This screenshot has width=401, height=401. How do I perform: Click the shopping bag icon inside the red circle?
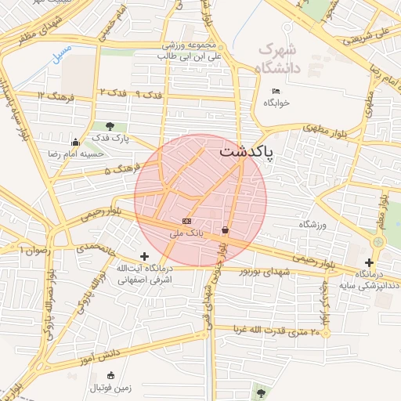(x=226, y=230)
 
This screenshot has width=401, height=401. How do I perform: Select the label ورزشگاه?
(x=316, y=224)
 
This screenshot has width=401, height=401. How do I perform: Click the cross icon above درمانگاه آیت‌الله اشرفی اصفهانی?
(x=144, y=256)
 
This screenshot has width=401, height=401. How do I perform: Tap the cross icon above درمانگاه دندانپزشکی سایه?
(x=369, y=262)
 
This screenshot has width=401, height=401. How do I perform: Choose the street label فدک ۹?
(x=149, y=94)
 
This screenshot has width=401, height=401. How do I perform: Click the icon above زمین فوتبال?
(x=110, y=375)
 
